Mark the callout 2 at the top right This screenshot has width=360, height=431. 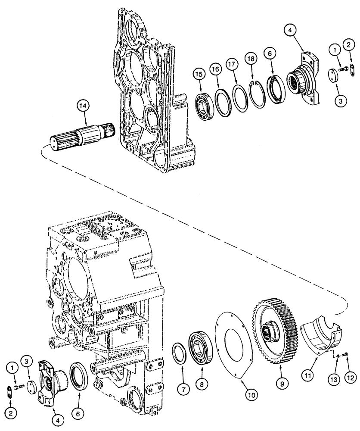(349, 44)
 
